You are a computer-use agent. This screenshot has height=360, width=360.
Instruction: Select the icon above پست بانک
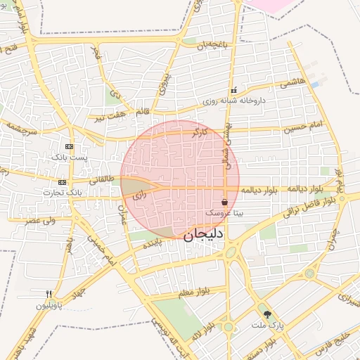68,146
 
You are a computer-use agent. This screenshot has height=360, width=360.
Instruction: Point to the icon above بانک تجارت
63,182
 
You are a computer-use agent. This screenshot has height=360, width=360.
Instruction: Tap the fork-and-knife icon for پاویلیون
49,295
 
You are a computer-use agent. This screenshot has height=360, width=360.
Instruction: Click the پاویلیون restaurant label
50,306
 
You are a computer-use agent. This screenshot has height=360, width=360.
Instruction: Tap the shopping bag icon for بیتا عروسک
224,202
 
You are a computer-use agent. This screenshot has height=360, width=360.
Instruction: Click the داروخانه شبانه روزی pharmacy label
233,101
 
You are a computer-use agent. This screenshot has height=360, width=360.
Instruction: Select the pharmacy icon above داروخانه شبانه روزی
233,91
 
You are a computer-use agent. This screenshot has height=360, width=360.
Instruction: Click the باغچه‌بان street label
213,45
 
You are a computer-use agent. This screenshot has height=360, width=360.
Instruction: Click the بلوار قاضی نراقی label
310,205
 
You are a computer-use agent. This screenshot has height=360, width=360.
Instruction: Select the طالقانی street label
101,179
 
